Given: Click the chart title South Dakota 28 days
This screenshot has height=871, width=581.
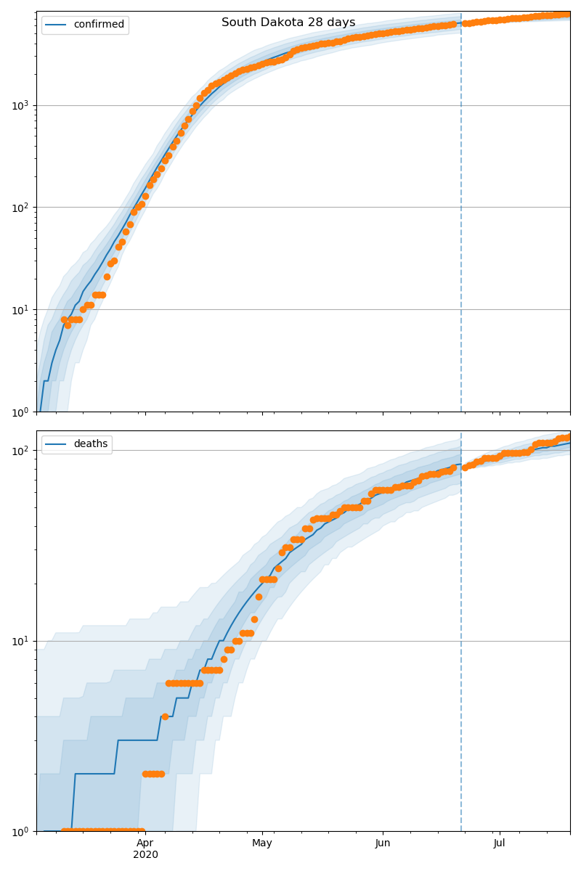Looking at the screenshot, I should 288,23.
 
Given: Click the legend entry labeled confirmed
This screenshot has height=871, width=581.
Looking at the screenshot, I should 99,25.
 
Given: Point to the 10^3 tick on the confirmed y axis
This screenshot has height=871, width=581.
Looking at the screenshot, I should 22,105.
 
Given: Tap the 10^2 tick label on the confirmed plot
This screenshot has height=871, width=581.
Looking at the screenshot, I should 22,208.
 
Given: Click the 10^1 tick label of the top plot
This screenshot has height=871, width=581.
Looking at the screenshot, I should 22,310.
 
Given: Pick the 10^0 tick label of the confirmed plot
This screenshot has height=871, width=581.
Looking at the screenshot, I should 22,412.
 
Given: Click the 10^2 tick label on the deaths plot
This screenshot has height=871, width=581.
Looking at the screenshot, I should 22,451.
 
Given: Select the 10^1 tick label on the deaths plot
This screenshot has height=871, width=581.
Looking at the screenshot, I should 22,641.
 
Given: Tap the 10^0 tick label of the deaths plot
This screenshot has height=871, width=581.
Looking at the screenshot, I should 22,831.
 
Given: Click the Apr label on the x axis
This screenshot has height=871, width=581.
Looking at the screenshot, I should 145,843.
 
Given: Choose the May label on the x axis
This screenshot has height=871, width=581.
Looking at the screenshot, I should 262,843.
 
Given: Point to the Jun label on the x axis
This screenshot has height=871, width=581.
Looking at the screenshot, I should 383,843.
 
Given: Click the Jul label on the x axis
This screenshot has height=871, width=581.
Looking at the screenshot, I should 500,843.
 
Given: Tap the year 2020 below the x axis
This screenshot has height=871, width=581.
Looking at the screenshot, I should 145,855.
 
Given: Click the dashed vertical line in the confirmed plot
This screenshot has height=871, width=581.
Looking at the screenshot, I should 461,218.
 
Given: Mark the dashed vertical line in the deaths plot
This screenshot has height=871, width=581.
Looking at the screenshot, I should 461,653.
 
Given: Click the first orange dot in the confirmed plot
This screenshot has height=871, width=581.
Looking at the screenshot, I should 64,319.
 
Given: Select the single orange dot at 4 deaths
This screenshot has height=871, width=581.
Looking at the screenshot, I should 165,716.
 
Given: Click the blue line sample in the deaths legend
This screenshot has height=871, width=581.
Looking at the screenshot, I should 57,444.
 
